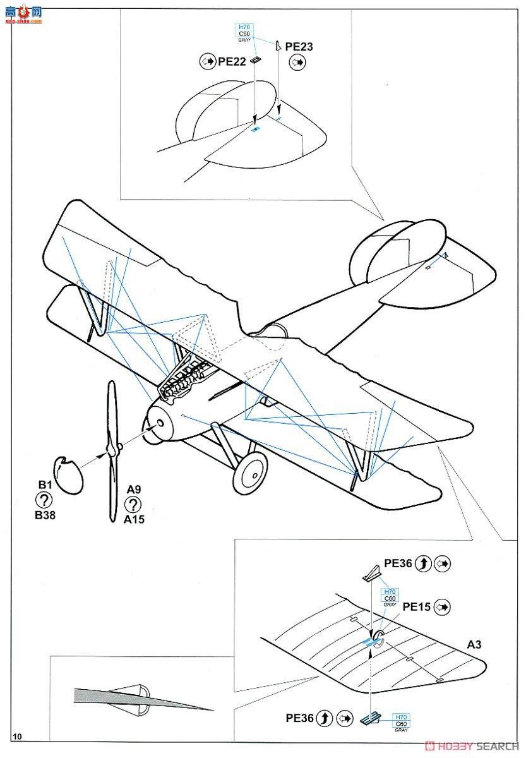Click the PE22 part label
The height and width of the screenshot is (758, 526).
232,62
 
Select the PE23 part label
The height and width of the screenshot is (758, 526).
299,46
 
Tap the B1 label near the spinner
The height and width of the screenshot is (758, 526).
44,484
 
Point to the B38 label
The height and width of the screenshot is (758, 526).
45,515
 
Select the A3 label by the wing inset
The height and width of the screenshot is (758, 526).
474,644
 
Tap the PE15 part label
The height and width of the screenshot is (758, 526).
417,607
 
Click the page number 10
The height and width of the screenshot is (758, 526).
17,737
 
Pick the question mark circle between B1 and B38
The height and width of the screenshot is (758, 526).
44,500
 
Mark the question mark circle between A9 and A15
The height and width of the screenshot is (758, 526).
133,504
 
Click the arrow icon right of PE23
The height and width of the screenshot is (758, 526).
297,62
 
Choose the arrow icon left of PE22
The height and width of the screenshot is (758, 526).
206,62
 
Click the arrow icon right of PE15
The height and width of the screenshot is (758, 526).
443,607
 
